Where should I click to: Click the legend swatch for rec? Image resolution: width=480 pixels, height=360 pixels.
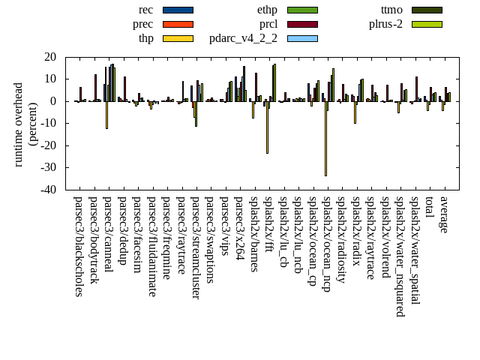178,10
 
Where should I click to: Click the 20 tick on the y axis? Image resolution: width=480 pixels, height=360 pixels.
50,57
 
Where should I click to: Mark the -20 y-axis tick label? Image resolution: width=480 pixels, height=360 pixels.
48,145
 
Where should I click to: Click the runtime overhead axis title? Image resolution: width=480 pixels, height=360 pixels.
25,123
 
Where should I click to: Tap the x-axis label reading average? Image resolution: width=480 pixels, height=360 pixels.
445,215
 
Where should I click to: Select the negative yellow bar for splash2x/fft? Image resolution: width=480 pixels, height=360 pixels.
267,127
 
